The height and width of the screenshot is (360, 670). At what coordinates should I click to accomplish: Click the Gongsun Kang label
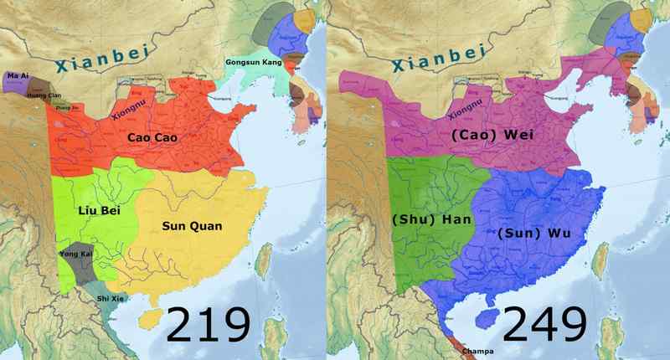(252, 64)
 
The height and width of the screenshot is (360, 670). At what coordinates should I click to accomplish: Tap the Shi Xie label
(111, 298)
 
